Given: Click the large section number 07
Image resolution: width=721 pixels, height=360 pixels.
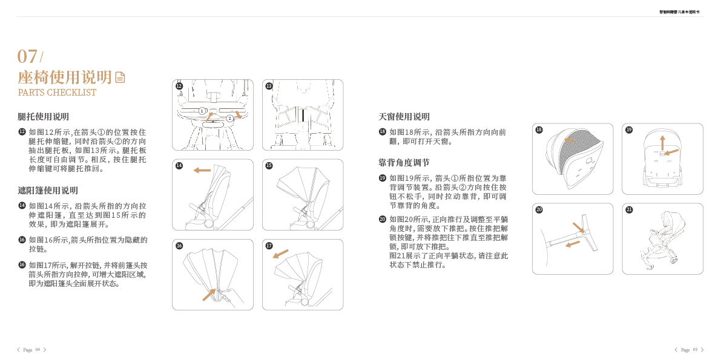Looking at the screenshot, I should [27, 56].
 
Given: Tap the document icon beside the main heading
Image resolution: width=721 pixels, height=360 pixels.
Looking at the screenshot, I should [120, 77].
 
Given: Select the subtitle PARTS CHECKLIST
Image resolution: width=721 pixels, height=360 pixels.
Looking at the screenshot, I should [57, 93].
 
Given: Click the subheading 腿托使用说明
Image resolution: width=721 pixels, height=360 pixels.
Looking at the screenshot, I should [43, 116].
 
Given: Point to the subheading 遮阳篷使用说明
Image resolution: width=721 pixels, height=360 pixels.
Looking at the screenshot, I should [48, 190].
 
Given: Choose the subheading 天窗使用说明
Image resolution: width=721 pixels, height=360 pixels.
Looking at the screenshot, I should [404, 116].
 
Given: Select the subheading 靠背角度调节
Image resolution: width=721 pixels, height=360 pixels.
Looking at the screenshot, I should [404, 162].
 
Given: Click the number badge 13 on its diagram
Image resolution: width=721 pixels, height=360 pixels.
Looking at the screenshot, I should [269, 86].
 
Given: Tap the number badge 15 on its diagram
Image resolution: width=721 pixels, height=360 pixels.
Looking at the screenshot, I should [269, 165].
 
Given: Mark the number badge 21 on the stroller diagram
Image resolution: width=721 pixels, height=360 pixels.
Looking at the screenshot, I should [629, 209].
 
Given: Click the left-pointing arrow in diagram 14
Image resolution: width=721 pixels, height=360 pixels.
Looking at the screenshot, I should [202, 171].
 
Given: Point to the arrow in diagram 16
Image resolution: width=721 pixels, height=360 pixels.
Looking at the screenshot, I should [209, 295].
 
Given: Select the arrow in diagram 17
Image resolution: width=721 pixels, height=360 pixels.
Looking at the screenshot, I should [280, 254].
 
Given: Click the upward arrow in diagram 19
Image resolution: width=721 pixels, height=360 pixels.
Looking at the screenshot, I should [662, 142].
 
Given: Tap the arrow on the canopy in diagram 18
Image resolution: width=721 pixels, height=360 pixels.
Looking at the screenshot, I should [569, 139].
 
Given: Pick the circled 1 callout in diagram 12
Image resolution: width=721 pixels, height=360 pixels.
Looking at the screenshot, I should [202, 111].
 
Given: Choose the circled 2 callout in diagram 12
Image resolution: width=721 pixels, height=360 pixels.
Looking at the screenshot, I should [229, 118].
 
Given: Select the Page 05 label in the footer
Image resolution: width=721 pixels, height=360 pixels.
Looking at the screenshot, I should [689, 350].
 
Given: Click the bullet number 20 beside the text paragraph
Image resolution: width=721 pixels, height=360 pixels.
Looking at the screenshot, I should [383, 219].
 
